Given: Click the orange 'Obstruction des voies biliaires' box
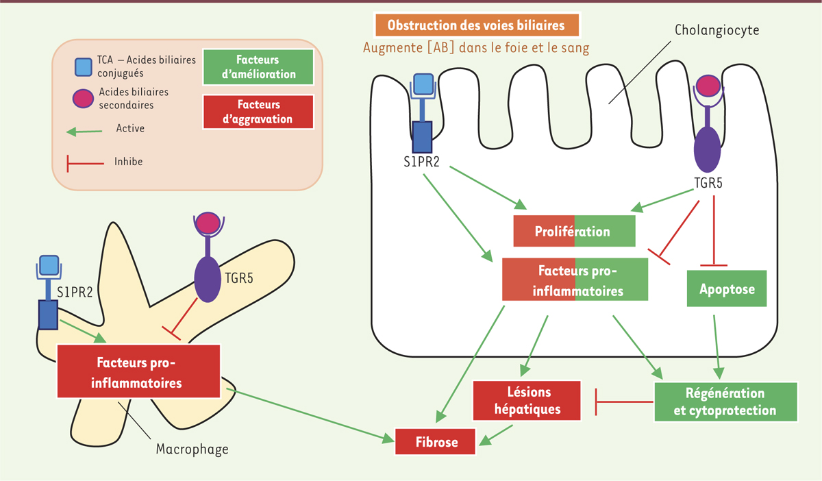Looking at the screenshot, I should pos(476,26).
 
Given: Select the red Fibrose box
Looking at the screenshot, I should pos(436,441).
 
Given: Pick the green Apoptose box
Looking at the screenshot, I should pos(727,289).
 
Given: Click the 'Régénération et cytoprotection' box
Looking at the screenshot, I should pos(726,402).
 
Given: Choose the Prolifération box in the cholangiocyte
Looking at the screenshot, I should pos(574,231).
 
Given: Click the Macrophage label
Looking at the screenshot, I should pos(192,450).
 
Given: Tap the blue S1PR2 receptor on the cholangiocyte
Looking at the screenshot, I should pos(422,135).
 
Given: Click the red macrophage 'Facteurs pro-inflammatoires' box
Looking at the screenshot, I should pos(138,371).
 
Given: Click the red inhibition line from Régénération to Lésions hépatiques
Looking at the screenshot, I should pos(623,402).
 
